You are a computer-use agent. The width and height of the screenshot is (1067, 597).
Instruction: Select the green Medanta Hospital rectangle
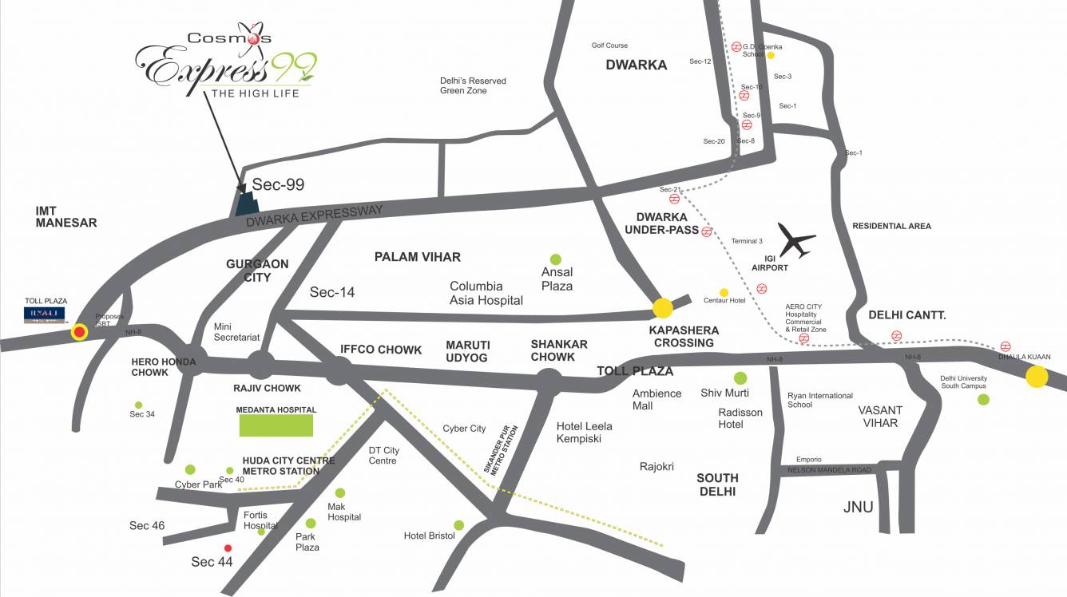[x=276, y=425]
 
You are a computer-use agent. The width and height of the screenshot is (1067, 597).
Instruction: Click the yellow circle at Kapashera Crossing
[x=663, y=307]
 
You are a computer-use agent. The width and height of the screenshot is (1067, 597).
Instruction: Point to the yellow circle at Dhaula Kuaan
[x=1037, y=377]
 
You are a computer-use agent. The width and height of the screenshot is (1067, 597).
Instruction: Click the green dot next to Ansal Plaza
[x=556, y=259]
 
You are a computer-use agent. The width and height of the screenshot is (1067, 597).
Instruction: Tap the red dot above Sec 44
[x=228, y=548]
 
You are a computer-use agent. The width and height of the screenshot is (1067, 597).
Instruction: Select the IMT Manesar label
[x=66, y=216]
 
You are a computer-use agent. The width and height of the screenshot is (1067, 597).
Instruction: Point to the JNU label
[x=859, y=507]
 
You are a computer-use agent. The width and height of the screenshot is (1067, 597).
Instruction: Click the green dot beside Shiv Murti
[x=740, y=378]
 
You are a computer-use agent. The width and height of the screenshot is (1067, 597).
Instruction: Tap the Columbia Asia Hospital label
[x=486, y=293]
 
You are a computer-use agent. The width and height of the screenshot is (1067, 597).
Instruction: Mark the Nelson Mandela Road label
[x=829, y=470]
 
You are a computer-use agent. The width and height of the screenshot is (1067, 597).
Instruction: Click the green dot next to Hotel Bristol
[x=459, y=524]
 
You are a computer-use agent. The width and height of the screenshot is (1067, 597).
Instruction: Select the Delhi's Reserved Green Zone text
[x=473, y=85]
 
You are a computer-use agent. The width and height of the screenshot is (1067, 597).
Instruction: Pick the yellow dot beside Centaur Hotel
[x=724, y=292]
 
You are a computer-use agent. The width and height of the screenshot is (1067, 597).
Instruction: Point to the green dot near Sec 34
[x=139, y=405]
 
